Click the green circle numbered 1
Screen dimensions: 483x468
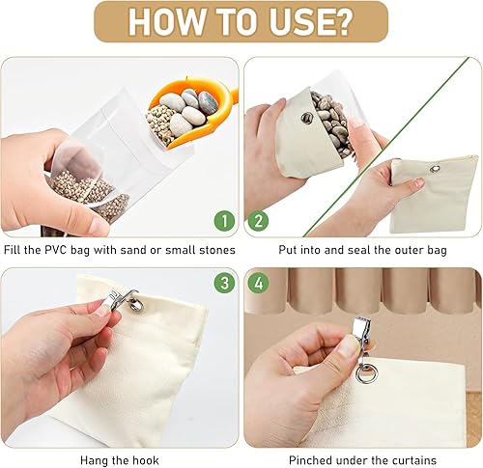pyautogui.click(x=224, y=221)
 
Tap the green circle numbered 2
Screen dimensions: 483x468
pyautogui.click(x=258, y=221)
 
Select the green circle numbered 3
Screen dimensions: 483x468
pyautogui.click(x=224, y=283)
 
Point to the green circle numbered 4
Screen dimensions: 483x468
pyautogui.click(x=258, y=283)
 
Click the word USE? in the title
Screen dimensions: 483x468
pyautogui.click(x=310, y=22)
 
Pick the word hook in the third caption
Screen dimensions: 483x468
pyautogui.click(x=146, y=460)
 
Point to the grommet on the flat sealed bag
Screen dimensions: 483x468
pyautogui.click(x=435, y=168)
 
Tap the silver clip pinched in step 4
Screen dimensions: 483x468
pyautogui.click(x=362, y=335)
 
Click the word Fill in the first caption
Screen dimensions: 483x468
pyautogui.click(x=12, y=250)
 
